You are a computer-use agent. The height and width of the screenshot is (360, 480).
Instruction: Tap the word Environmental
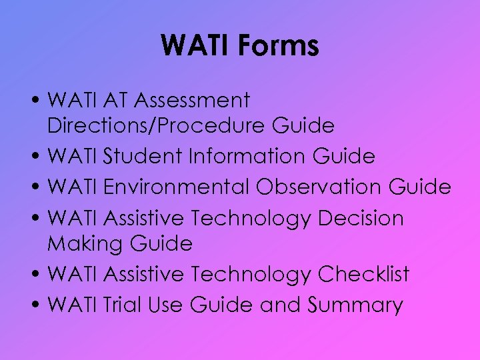click(177, 187)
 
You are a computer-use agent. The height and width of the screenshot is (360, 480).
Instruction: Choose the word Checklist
click(363, 274)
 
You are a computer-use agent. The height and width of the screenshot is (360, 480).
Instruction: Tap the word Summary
click(355, 306)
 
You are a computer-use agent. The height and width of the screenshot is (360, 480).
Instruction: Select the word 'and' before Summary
click(280, 305)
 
